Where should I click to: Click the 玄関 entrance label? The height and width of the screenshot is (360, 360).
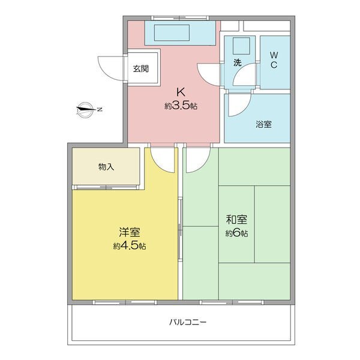pos(141,68)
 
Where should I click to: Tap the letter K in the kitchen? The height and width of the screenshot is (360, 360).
pos(181,92)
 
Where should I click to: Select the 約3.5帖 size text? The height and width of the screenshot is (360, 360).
pos(181,106)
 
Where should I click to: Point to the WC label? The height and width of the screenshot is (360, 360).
pos(274,60)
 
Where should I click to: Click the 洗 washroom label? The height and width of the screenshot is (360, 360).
pos(238,62)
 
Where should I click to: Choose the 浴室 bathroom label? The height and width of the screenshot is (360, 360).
pos(264,124)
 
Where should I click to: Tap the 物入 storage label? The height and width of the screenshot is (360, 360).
pos(106,167)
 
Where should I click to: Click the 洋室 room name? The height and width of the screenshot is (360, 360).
pos(130,232)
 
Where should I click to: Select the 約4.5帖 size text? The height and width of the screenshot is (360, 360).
pos(130,246)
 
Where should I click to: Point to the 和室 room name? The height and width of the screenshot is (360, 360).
pos(236,220)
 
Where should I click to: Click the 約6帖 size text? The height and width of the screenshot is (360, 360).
pos(236,233)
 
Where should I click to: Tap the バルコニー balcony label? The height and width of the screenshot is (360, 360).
pos(188,322)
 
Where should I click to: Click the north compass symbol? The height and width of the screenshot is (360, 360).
pos(87,110)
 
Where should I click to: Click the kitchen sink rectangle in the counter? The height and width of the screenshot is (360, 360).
pos(172,32)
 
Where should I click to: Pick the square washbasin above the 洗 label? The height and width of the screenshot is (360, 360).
pos(241,46)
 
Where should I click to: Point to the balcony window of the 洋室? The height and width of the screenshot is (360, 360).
pos(125,302)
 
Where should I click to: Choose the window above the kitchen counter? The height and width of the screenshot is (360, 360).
pos(180,18)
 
